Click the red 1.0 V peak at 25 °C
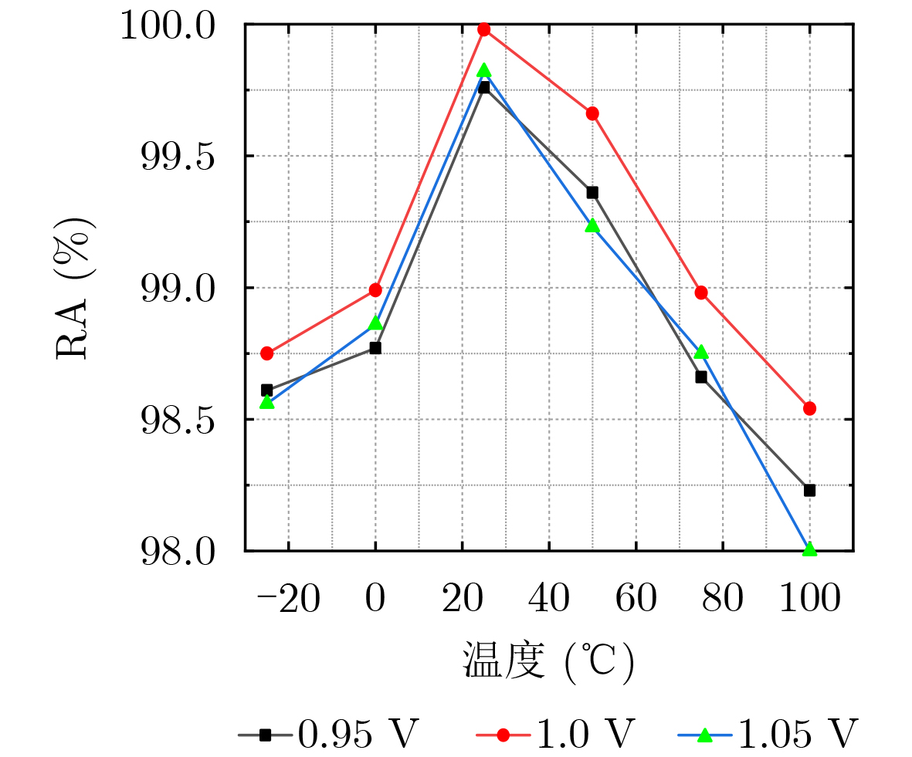(x=484, y=29)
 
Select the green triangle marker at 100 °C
(x=809, y=549)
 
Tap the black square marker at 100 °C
(x=809, y=490)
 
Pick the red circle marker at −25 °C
(x=267, y=353)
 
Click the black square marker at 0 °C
(x=375, y=348)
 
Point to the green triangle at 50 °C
(x=592, y=225)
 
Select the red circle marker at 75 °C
(x=701, y=292)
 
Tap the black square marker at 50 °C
(x=592, y=192)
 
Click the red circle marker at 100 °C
(x=809, y=408)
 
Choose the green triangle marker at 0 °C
(x=375, y=323)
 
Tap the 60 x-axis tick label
(x=636, y=599)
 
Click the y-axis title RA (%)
(x=76, y=287)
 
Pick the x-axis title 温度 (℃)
(x=548, y=661)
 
